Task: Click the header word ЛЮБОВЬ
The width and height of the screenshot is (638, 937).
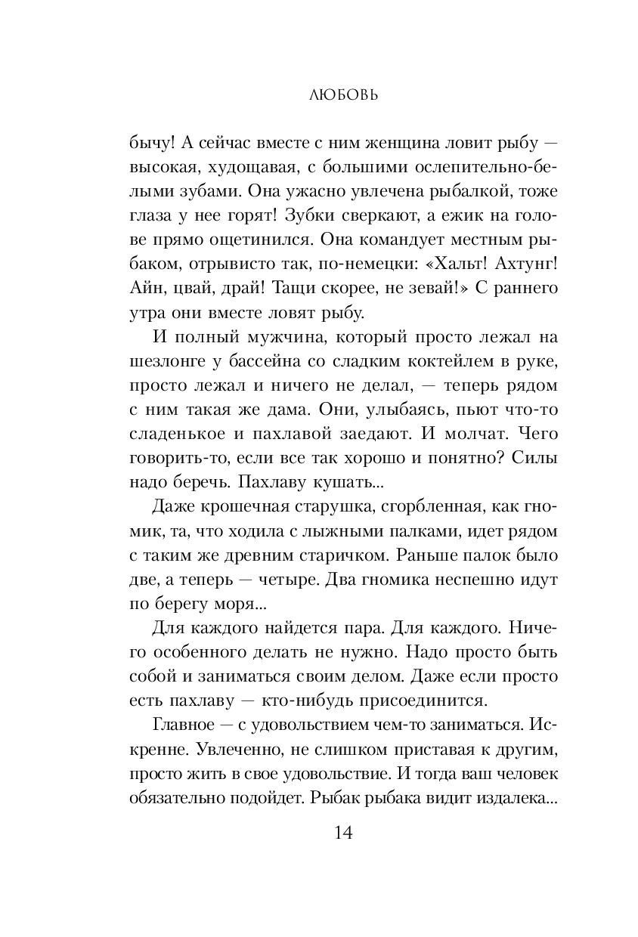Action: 318,96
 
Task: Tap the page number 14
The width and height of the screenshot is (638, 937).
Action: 318,833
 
